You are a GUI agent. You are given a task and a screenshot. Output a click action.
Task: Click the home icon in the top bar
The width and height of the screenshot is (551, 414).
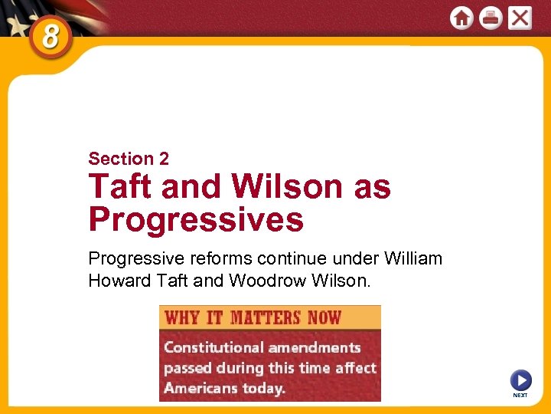[461, 18]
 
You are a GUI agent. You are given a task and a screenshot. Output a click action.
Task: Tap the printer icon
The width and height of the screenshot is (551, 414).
[491, 18]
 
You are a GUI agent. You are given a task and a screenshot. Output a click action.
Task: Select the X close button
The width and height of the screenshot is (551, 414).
[520, 18]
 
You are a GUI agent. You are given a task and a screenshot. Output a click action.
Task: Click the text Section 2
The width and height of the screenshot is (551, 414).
[129, 159]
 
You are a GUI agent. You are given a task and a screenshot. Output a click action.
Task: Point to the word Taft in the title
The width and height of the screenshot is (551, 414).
[119, 187]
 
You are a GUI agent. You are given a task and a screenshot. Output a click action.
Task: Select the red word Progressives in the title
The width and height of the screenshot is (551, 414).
[196, 220]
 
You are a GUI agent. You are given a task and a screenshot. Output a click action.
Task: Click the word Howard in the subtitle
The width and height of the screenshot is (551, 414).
[118, 281]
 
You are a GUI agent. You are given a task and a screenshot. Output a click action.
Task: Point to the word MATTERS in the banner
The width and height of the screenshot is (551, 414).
[266, 317]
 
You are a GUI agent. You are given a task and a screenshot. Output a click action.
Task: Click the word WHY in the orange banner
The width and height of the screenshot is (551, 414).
[182, 317]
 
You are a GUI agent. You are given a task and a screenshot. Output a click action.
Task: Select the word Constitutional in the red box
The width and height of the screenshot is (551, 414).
[213, 347]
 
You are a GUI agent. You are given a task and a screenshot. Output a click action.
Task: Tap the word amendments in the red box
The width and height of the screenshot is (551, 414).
[314, 347]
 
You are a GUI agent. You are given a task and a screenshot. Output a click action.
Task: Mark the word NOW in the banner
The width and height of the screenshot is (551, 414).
[324, 317]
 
